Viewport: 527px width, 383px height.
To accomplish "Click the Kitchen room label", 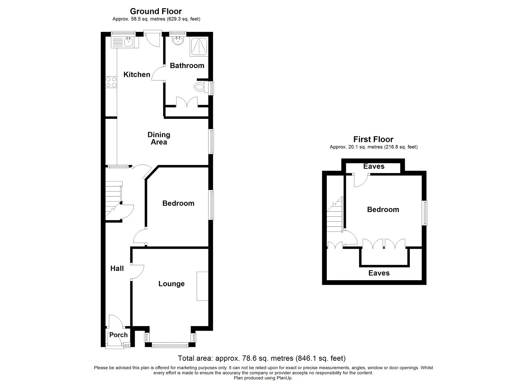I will click(x=137, y=74).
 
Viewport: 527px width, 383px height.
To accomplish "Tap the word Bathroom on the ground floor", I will click(x=187, y=66).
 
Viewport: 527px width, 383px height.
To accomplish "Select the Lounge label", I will click(x=171, y=284).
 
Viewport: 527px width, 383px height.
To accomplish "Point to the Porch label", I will click(x=118, y=335).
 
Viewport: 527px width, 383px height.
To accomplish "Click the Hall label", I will click(x=117, y=268).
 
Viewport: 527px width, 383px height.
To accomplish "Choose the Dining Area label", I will click(x=159, y=138).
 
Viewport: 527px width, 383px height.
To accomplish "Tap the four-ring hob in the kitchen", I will click(x=111, y=82).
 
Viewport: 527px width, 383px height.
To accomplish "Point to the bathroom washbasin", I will click(x=178, y=41).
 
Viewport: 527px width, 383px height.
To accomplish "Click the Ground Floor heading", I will click(x=156, y=12).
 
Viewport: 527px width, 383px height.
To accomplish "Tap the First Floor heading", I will click(x=373, y=139).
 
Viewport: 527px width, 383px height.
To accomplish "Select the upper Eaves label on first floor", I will click(x=374, y=166).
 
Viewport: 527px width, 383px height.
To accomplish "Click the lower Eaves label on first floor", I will click(x=379, y=273).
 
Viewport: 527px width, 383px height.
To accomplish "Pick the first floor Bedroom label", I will click(x=383, y=209).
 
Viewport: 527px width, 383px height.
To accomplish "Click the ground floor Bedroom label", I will click(x=178, y=203).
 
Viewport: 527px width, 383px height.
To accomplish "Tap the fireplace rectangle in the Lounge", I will click(x=202, y=286).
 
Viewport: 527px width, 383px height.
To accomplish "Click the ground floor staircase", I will click(x=113, y=201).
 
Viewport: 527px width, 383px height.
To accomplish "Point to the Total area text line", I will click(x=262, y=358).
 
